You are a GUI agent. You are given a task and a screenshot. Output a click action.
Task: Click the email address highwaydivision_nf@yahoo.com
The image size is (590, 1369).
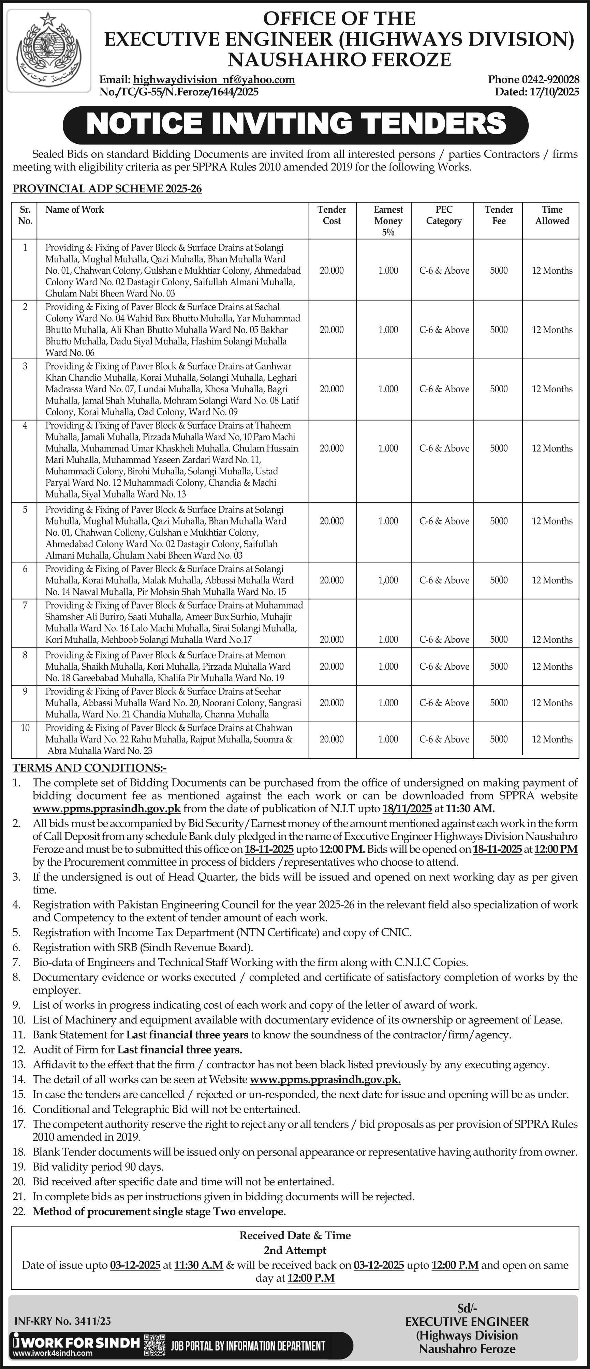(214, 80)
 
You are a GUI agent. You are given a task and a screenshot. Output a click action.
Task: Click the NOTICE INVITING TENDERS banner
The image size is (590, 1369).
(295, 124)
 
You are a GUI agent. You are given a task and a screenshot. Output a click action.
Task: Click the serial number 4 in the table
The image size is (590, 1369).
(25, 426)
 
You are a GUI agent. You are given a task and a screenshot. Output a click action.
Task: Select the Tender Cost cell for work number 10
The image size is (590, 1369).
(331, 739)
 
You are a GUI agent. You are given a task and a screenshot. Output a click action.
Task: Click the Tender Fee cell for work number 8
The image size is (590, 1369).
(499, 666)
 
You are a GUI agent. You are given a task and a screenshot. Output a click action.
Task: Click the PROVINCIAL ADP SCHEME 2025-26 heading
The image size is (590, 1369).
(107, 189)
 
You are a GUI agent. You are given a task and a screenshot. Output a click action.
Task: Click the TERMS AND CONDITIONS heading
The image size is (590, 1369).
(89, 768)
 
